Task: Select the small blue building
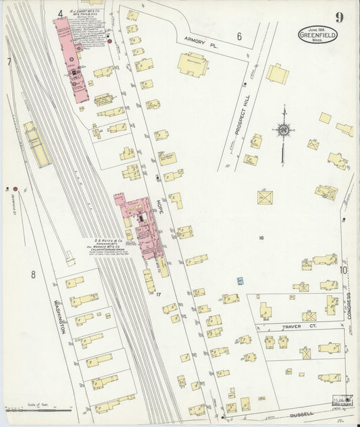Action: pyautogui.click(x=240, y=280)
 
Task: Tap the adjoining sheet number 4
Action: pyautogui.click(x=60, y=13)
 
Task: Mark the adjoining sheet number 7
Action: pyautogui.click(x=9, y=62)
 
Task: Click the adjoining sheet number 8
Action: pyautogui.click(x=32, y=274)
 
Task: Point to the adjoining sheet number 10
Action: pyautogui.click(x=343, y=270)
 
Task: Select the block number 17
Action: pyautogui.click(x=157, y=295)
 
